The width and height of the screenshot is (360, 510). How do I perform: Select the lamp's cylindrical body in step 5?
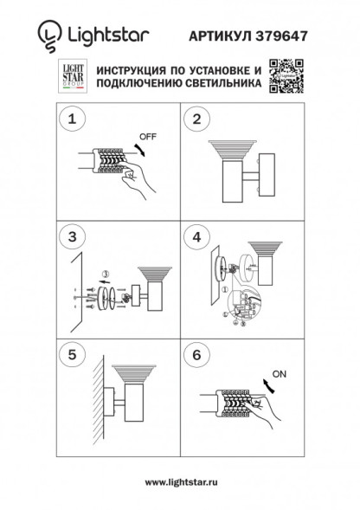(138, 403)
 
